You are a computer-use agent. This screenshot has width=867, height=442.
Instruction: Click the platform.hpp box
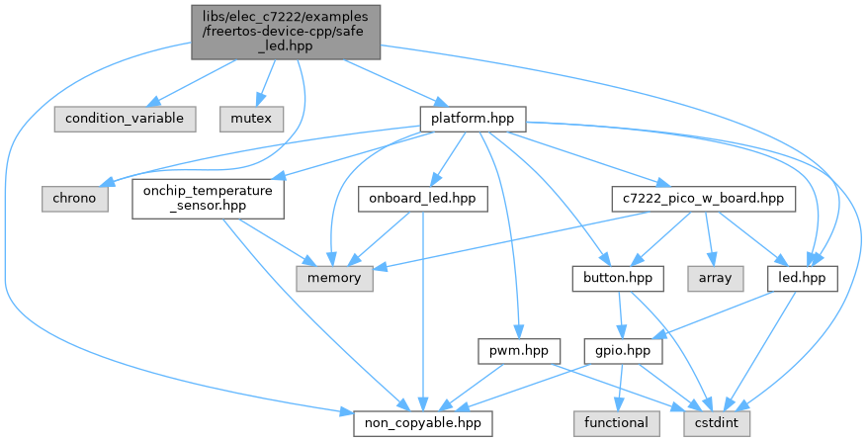(473, 118)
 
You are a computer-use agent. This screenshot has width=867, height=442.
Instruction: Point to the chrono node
(74, 198)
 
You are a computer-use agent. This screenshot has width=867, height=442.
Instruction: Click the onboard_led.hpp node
(423, 198)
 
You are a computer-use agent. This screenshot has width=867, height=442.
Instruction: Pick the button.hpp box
(608, 278)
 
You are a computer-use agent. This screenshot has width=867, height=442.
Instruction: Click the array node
(715, 278)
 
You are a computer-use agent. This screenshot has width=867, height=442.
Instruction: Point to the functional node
(617, 423)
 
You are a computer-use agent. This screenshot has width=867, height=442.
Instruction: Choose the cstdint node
(716, 423)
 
